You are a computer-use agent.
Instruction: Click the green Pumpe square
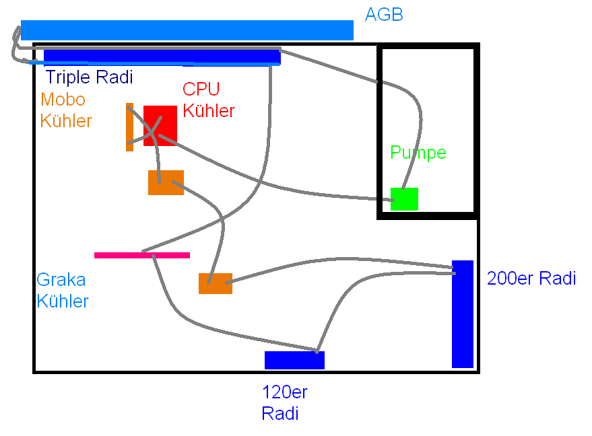coord(404,199)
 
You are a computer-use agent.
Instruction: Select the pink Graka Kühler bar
coord(142,255)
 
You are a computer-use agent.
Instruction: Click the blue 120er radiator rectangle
coord(294,361)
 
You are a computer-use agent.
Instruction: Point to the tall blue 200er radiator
coord(463,314)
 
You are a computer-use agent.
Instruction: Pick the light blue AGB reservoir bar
coord(187,30)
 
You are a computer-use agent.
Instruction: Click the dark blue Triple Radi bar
coord(162,57)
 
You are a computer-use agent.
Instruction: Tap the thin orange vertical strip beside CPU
coord(129,127)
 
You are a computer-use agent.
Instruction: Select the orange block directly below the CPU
coord(166,182)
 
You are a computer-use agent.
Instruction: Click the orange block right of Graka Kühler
coord(216,283)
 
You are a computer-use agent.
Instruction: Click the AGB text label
coord(384,15)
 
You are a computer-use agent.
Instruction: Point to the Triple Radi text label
coord(89,77)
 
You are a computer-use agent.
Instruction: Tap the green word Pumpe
coord(418,153)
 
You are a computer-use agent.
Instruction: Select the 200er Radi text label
coord(531,279)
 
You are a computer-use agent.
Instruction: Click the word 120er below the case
coord(284,393)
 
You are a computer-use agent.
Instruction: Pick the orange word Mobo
coord(63,100)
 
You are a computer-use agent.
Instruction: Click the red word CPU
coord(201,89)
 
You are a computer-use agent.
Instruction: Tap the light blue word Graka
coord(61,280)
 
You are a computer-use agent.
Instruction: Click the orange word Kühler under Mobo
coord(65,121)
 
